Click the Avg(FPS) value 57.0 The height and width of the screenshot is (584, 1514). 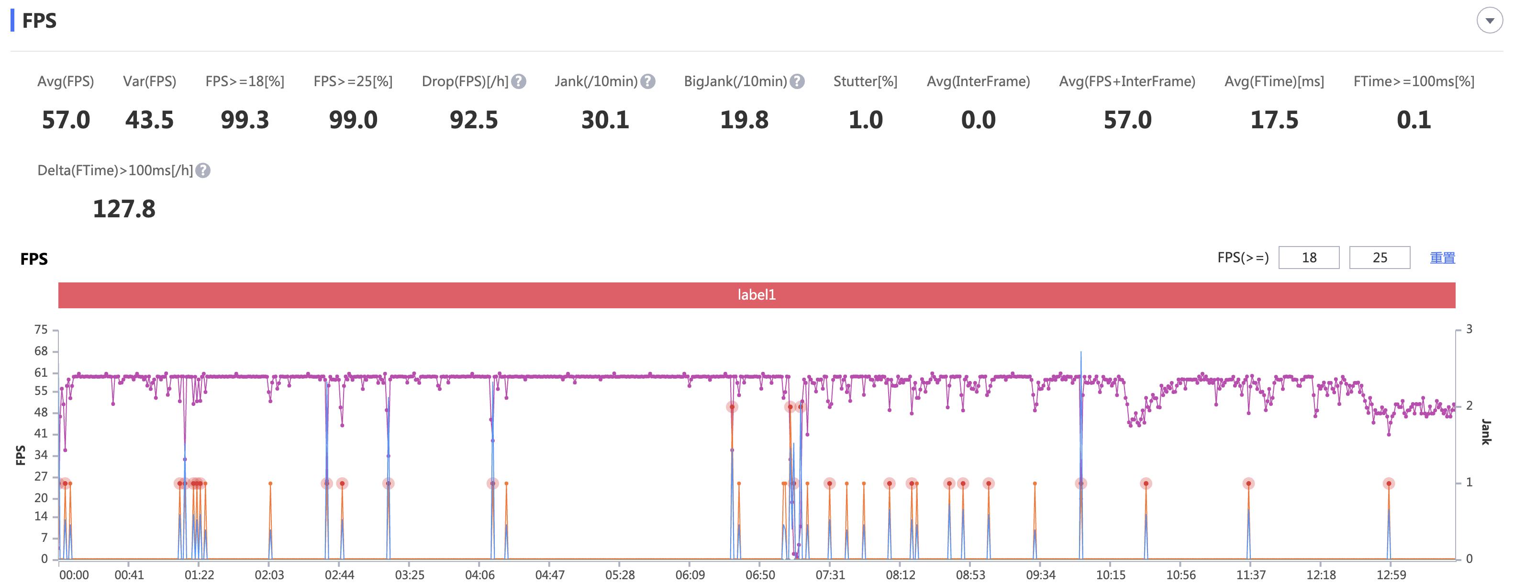(66, 121)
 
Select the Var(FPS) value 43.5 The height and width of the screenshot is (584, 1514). (149, 121)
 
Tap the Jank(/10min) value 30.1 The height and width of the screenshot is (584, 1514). (605, 121)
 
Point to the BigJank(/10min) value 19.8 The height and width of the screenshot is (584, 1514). (744, 121)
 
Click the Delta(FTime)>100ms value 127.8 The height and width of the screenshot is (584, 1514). (124, 209)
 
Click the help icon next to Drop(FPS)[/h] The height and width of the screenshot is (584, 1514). (518, 82)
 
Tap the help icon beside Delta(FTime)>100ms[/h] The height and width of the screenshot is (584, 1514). (203, 170)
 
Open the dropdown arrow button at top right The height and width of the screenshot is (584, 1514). (1489, 21)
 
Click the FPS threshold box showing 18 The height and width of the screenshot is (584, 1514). (1309, 258)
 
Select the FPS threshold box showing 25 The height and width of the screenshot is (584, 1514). (1380, 258)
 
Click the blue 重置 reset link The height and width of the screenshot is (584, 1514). (1442, 258)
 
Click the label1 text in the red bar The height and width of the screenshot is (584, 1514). (757, 295)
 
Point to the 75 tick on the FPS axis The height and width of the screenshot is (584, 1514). (41, 330)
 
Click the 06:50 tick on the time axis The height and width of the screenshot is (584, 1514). (760, 574)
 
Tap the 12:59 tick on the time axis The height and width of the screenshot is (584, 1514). (1391, 574)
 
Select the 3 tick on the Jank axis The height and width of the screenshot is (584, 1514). (1469, 329)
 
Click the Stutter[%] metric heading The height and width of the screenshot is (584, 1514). (865, 82)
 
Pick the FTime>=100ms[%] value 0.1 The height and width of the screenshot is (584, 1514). (1414, 121)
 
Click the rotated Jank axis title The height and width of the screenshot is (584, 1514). (1486, 432)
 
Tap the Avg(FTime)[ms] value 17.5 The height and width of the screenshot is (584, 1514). (1274, 121)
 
